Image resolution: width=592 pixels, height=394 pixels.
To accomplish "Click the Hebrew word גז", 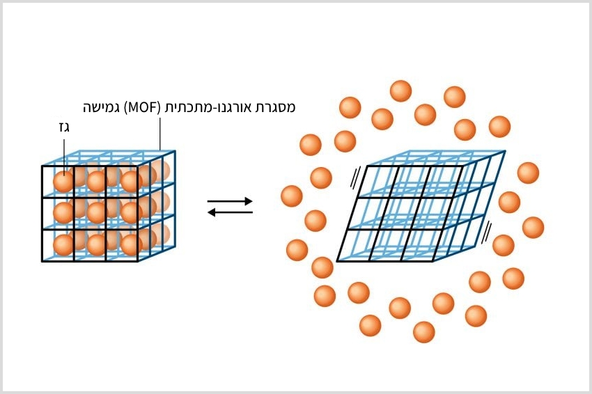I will (64, 128).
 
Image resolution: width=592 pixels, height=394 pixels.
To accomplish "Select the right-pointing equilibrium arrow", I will (230, 201).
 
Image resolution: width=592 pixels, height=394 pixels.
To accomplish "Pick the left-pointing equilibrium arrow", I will (230, 212).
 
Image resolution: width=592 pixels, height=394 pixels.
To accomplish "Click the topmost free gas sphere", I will (400, 91).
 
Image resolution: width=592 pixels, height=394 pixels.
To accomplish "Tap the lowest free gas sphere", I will (423, 332).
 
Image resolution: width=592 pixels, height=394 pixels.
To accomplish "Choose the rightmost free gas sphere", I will (533, 228).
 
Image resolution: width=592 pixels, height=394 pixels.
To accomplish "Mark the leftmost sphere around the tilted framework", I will (292, 196).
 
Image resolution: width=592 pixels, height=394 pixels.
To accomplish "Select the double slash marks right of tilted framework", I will (488, 228).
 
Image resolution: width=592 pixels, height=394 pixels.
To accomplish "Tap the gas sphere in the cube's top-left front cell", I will (63, 181).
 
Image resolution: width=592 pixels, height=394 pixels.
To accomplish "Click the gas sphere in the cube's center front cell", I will (96, 212).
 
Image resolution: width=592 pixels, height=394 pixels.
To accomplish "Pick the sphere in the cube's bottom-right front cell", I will (130, 244).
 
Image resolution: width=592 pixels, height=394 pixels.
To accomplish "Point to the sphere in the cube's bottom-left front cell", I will (63, 244).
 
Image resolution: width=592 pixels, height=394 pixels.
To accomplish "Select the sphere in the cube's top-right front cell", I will (130, 181).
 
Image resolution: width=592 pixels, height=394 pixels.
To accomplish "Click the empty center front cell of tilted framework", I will (401, 213).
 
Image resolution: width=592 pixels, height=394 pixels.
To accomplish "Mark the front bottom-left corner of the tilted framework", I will (338, 261).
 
